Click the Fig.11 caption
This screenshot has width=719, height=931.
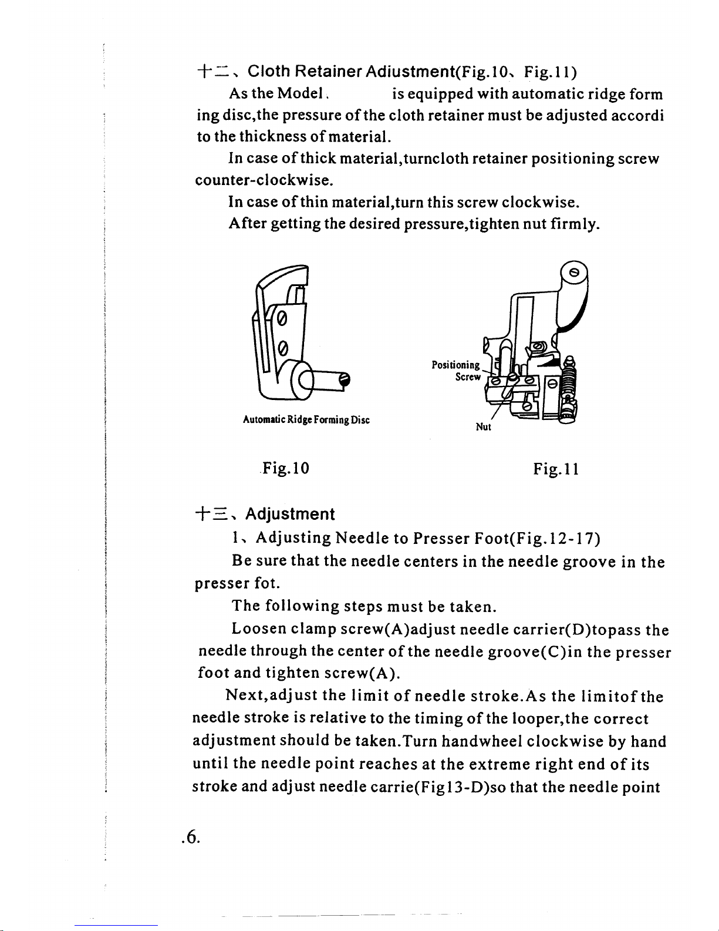[x=556, y=469]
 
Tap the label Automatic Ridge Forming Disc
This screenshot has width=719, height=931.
[x=306, y=421]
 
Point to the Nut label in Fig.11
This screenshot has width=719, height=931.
[x=483, y=428]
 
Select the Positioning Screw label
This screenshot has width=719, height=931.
[x=457, y=371]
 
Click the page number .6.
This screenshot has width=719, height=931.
[x=191, y=837]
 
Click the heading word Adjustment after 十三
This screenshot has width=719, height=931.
[x=290, y=515]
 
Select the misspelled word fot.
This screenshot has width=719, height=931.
[x=267, y=584]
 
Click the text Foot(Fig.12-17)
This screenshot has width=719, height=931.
[x=537, y=538]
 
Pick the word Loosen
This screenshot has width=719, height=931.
[x=259, y=630]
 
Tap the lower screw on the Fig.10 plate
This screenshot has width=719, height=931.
[x=282, y=348]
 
